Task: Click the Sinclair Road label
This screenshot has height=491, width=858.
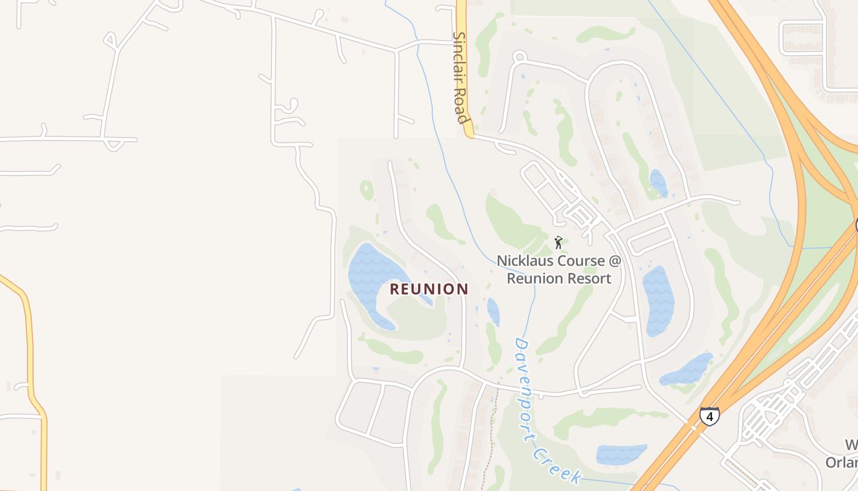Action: [x=460, y=77]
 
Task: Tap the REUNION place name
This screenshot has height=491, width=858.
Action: [x=429, y=289]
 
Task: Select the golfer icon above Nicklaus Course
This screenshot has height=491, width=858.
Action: [x=558, y=242]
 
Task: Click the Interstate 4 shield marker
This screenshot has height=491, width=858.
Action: [x=710, y=417]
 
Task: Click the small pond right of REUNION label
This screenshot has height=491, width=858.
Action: [x=493, y=311]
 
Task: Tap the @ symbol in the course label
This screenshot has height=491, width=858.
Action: [x=615, y=261]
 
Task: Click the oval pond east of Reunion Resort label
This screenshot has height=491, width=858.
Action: [x=658, y=300]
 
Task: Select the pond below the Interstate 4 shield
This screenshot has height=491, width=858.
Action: [x=621, y=454]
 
